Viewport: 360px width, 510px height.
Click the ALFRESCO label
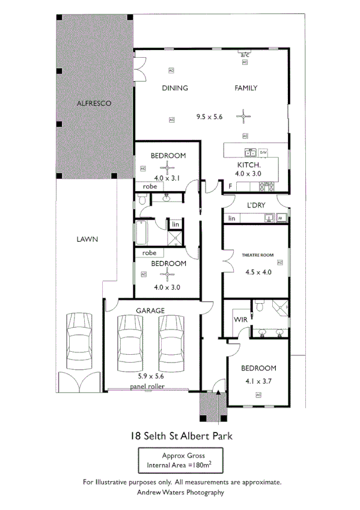[94, 103]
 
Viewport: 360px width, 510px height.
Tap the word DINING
[175, 88]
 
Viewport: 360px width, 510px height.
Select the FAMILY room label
[246, 88]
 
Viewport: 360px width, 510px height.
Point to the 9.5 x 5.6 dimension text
[209, 117]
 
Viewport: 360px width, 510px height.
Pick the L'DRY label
[256, 205]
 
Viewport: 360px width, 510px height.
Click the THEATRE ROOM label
[257, 255]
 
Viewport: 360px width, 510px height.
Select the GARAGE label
[150, 310]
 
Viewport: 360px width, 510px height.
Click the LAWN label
[87, 239]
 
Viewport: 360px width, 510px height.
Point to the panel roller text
[148, 386]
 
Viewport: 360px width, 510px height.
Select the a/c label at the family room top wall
[245, 55]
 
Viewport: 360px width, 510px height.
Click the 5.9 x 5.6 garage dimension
[150, 376]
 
